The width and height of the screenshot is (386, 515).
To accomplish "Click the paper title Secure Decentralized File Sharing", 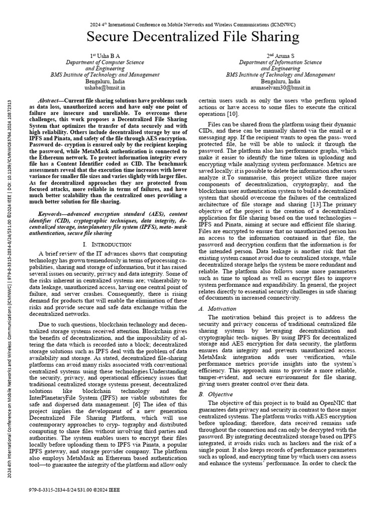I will [x=194, y=37].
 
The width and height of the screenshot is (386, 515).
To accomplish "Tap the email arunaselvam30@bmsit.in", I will [x=280, y=87].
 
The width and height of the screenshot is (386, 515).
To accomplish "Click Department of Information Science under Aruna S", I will [x=280, y=62].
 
